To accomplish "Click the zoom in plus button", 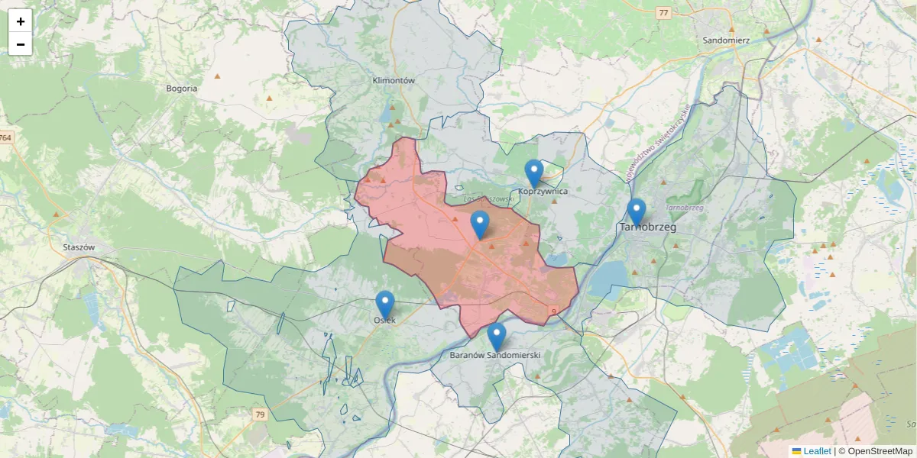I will click(21, 21).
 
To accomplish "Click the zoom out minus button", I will click(21, 44).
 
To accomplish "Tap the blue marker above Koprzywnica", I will click(534, 173).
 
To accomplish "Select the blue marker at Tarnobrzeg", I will click(636, 211).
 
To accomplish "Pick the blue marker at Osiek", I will click(385, 305).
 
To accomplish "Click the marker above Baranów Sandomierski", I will click(497, 336).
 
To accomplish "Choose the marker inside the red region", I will click(480, 224).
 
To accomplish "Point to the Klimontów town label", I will click(393, 80).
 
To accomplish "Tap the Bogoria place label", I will click(182, 89).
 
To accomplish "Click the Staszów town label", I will click(79, 247).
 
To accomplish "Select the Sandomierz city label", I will click(726, 40).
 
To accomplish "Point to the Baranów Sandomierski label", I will click(495, 356).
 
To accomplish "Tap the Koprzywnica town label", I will click(543, 191).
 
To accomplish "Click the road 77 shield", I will click(663, 12).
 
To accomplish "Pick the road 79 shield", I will click(261, 414).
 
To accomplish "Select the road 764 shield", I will click(6, 137).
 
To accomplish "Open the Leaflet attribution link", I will click(816, 451).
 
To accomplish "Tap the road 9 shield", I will click(552, 311).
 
